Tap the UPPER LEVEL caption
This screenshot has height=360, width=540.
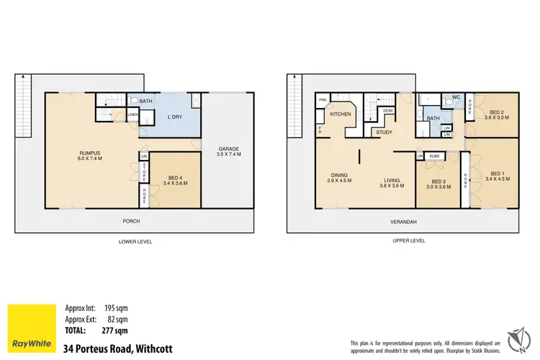coord(408,241)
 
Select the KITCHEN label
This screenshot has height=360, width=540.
coord(340,114)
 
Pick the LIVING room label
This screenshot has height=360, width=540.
coord(392,181)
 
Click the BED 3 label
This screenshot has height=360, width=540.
coord(439,184)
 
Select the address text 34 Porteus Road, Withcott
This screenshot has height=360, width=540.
coord(117,348)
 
